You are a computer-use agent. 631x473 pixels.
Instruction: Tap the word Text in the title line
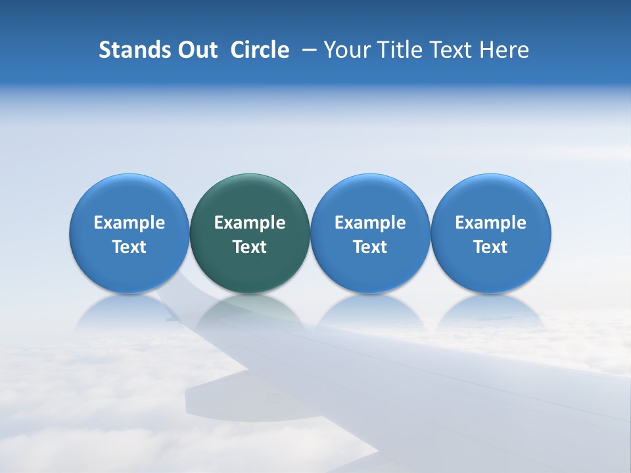[x=450, y=50]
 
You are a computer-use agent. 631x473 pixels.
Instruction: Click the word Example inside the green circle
[x=250, y=223]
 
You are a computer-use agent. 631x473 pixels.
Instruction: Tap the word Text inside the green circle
[x=250, y=247]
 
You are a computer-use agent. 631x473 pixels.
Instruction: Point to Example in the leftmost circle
[x=129, y=223]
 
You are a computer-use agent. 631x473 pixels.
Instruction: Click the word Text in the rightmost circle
[x=491, y=247]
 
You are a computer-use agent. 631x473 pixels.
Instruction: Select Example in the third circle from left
[x=370, y=223]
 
